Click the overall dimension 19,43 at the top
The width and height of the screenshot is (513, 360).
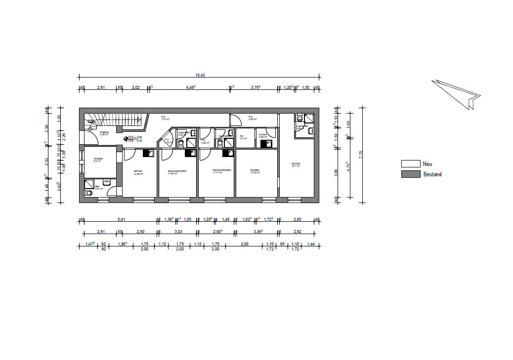click(x=200, y=75)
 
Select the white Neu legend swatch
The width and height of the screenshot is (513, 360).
click(x=410, y=164)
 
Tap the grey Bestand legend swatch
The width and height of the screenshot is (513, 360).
click(x=410, y=174)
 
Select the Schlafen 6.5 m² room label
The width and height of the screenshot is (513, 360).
click(x=97, y=160)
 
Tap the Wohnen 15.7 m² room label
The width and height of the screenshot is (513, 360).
click(x=296, y=165)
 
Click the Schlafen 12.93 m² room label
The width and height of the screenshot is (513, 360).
click(x=255, y=171)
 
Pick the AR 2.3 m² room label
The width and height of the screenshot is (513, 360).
click(x=243, y=137)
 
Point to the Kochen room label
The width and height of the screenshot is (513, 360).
click(x=263, y=135)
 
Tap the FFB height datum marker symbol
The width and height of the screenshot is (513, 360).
click(x=126, y=139)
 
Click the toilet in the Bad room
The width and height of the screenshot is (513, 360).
click(x=89, y=194)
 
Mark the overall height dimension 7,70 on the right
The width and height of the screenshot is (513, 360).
click(x=361, y=154)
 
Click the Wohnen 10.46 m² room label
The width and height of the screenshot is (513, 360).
click(x=138, y=173)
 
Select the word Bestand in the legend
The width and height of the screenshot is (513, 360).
click(x=432, y=174)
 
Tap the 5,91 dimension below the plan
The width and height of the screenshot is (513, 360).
click(x=121, y=219)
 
